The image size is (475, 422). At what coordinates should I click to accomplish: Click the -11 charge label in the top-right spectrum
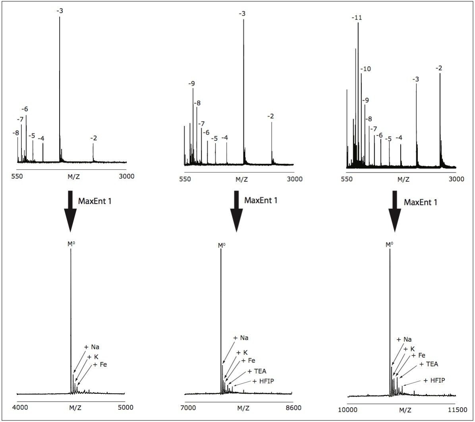pos(357,18)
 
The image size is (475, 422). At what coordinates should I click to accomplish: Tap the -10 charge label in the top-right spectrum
pos(365,69)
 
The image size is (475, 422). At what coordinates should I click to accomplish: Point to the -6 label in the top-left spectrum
pos(25,109)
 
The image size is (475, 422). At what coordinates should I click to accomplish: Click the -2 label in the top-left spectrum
pos(93,138)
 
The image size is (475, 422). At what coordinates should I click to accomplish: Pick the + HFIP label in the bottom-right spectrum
pos(434,380)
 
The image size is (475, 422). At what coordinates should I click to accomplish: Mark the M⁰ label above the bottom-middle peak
pos(222,245)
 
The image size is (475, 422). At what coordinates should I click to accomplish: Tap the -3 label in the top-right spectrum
pos(415,80)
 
